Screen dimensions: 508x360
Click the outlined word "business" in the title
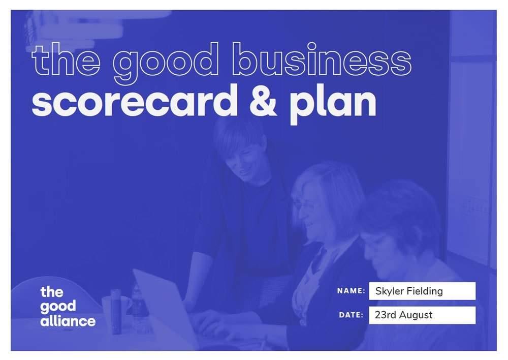pyautogui.click(x=322, y=59)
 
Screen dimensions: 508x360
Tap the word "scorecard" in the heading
pyautogui.click(x=135, y=100)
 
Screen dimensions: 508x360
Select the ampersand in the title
pyautogui.click(x=263, y=101)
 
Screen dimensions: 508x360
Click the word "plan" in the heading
pyautogui.click(x=333, y=104)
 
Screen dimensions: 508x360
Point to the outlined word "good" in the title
pyautogui.click(x=166, y=63)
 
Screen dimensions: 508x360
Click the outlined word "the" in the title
pyautogui.click(x=66, y=60)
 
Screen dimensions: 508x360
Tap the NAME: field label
pyautogui.click(x=351, y=291)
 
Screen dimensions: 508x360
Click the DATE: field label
pyautogui.click(x=351, y=315)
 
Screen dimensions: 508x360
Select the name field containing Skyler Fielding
pyautogui.click(x=422, y=291)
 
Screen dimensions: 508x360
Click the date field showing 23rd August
pyautogui.click(x=422, y=315)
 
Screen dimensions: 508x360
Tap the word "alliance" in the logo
pyautogui.click(x=68, y=321)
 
